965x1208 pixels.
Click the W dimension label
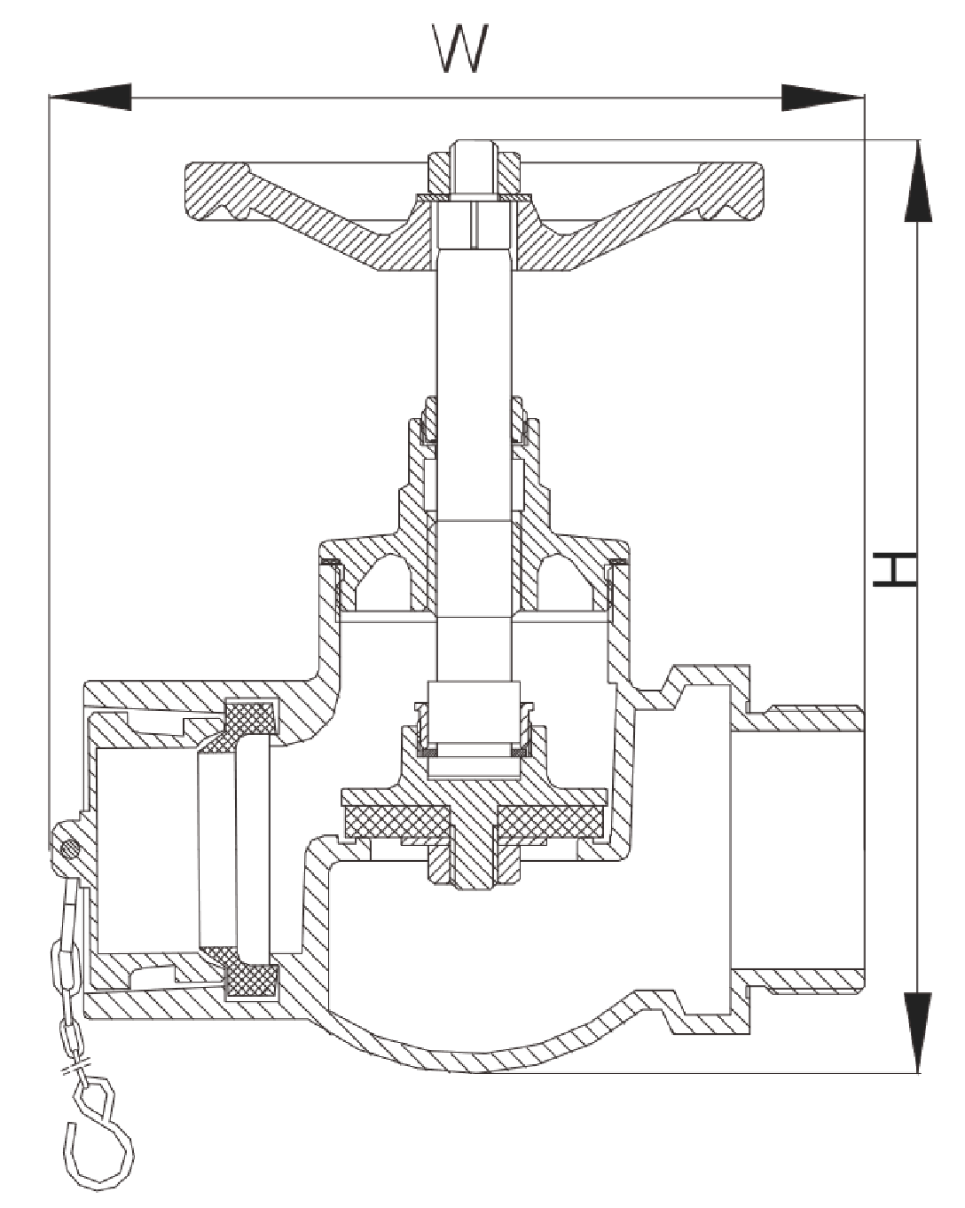pos(460,49)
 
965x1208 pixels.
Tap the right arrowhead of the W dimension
pos(820,97)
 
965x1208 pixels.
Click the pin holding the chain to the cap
pos(70,849)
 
